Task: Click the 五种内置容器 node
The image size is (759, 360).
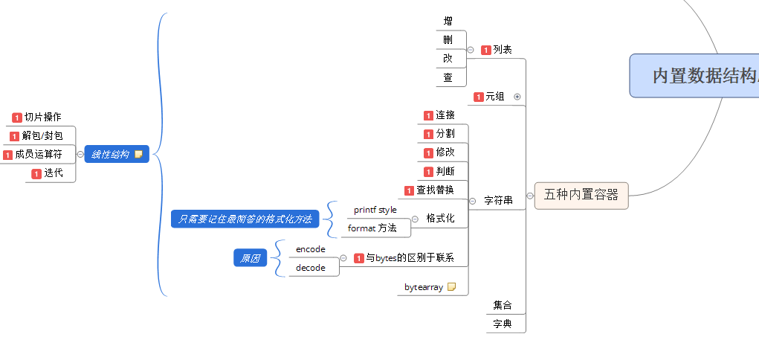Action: pyautogui.click(x=581, y=195)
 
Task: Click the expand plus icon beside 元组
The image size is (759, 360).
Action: pyautogui.click(x=517, y=97)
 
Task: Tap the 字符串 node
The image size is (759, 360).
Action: pyautogui.click(x=498, y=200)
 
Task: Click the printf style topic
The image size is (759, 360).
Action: pyautogui.click(x=375, y=210)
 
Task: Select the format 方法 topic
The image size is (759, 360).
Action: pyautogui.click(x=372, y=228)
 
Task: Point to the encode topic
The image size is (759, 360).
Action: pyautogui.click(x=310, y=249)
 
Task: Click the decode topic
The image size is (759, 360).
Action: pyautogui.click(x=310, y=268)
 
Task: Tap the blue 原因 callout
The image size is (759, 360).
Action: pyautogui.click(x=251, y=259)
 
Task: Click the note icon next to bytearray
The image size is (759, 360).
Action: pyautogui.click(x=451, y=286)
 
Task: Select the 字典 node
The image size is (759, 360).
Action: pyautogui.click(x=503, y=324)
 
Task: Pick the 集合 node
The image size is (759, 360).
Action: pyautogui.click(x=503, y=305)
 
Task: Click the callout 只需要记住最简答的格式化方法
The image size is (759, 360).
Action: pyautogui.click(x=245, y=219)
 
